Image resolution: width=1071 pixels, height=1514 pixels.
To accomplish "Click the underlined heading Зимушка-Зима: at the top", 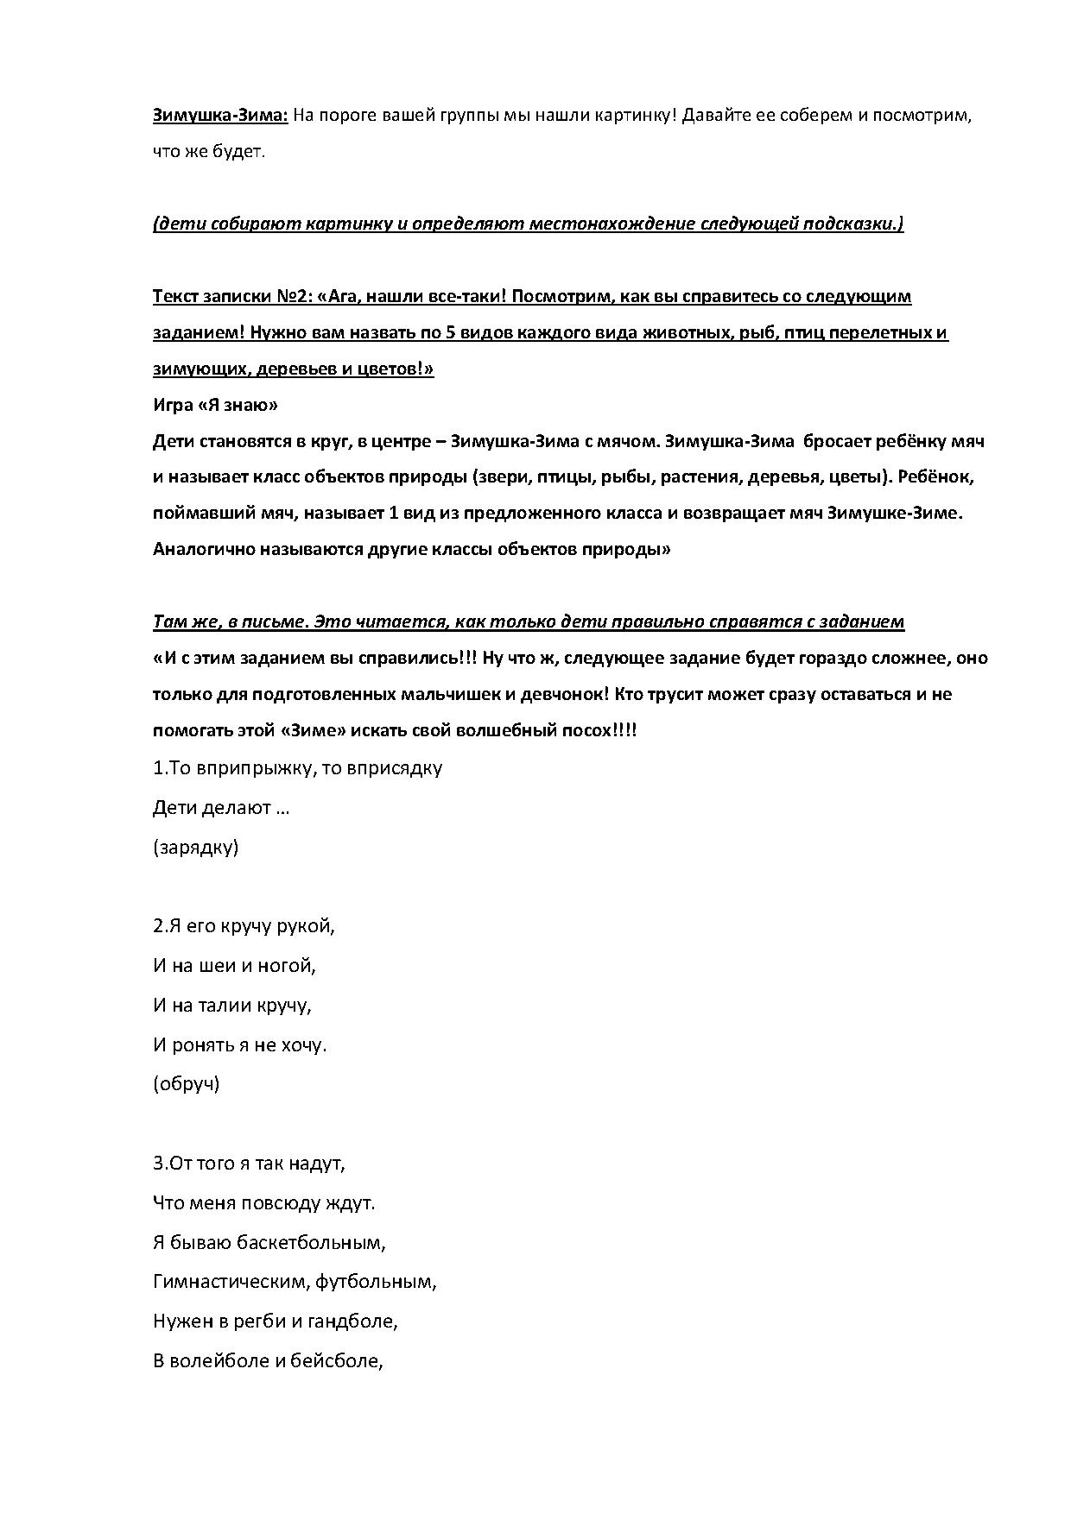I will point(219,116).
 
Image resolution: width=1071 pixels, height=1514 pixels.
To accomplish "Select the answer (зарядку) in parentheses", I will point(195,847).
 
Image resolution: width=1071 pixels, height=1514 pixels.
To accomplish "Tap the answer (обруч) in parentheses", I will point(186,1083).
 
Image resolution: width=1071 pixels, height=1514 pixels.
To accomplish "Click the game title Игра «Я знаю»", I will point(215,405).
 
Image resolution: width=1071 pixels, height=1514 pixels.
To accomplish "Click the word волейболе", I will point(219,1361).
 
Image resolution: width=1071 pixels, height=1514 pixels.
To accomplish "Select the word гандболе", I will point(351,1322).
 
